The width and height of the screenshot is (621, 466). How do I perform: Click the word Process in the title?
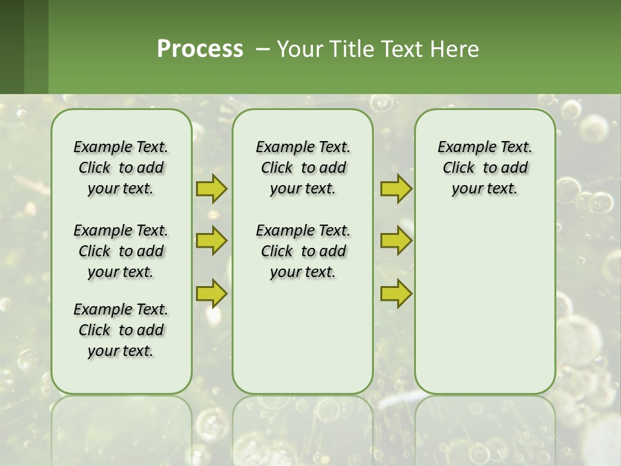(200, 49)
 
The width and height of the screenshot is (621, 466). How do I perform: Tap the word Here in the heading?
(455, 49)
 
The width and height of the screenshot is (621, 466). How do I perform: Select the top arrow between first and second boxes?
(212, 189)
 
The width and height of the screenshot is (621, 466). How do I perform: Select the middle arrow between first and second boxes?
(212, 241)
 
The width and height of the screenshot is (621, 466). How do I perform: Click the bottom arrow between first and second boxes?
(212, 293)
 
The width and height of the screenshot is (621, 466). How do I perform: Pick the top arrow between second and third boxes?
(396, 189)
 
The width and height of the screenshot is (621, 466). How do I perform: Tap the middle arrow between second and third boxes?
(396, 241)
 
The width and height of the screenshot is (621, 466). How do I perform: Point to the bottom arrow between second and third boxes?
(396, 293)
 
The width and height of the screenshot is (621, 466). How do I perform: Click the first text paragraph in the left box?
(121, 168)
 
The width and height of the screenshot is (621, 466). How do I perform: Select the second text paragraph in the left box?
(121, 251)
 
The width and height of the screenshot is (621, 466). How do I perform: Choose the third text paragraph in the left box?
(121, 330)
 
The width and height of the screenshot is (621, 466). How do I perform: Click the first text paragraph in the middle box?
(303, 168)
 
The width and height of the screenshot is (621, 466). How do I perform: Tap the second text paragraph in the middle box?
(303, 251)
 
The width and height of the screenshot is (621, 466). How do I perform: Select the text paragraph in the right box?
(485, 168)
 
